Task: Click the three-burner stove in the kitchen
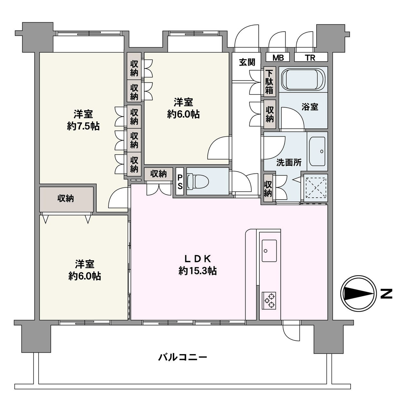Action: (x=269, y=300)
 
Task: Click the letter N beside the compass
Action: (x=386, y=293)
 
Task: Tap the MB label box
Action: (x=278, y=57)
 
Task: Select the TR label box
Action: (x=310, y=57)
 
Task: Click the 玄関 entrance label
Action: (x=247, y=62)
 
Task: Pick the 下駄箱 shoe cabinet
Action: (x=269, y=82)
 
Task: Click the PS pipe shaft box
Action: (x=180, y=181)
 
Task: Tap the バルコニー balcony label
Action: (x=183, y=357)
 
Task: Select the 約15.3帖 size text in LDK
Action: (x=198, y=271)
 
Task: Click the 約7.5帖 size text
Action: (x=83, y=126)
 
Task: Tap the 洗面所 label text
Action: (x=289, y=162)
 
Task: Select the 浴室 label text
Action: (x=310, y=107)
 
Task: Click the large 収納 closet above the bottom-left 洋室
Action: (x=66, y=199)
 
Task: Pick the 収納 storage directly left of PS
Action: (x=159, y=174)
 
